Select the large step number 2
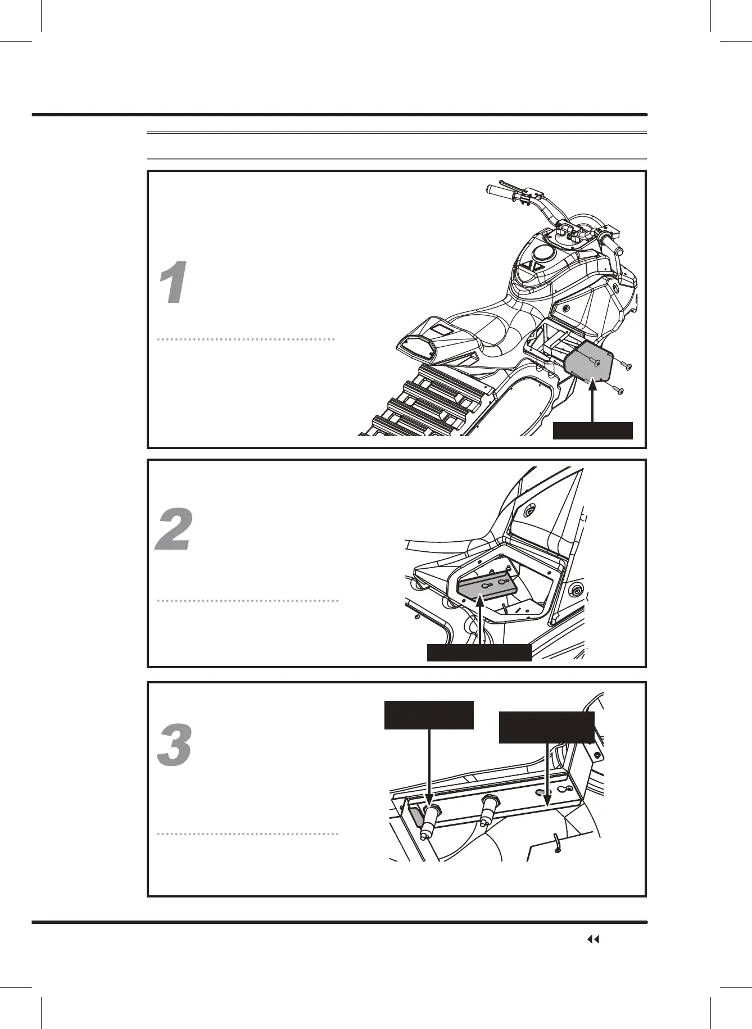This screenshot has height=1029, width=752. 174,530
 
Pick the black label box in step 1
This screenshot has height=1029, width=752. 593,430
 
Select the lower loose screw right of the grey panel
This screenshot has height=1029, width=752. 616,389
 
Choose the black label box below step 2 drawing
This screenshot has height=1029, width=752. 479,652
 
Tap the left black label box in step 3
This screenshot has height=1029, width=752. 429,715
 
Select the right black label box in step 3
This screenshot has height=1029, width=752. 547,727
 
